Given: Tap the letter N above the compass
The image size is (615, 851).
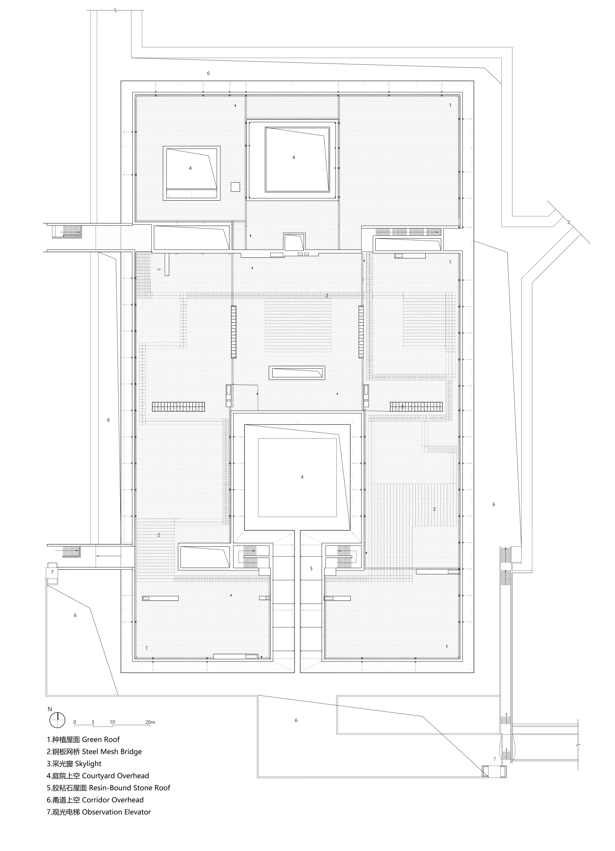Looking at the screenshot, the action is (50, 709).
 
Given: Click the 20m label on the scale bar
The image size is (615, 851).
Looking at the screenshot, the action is (150, 722).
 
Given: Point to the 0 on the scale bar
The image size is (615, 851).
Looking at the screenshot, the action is (75, 722).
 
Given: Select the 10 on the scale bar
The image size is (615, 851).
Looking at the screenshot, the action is (112, 722).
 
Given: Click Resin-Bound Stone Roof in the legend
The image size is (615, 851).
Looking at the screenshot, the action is (129, 788).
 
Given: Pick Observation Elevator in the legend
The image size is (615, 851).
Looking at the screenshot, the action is (116, 812).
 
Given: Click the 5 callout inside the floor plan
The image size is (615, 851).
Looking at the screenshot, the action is (311, 568).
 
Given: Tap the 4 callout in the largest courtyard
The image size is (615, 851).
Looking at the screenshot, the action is (302, 477).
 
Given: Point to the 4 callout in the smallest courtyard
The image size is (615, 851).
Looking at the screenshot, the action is (190, 168).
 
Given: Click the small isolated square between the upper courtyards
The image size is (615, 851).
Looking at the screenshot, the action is (235, 187).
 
